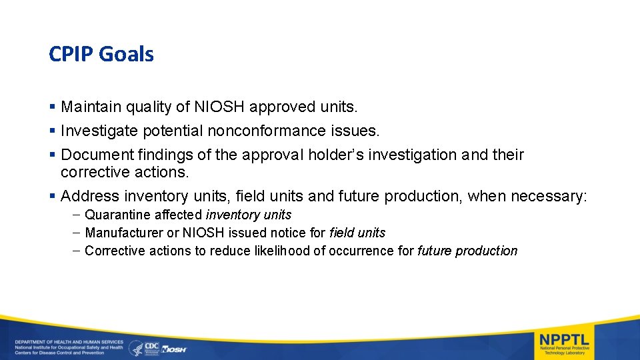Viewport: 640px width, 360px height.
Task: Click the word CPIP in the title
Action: pyautogui.click(x=71, y=54)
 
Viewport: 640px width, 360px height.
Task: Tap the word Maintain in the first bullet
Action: pyautogui.click(x=89, y=106)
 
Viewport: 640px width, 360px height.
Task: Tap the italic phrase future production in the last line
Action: pyautogui.click(x=467, y=251)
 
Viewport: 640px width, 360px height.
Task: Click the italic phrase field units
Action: pyautogui.click(x=357, y=233)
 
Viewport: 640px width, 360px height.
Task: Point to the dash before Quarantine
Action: pyautogui.click(x=77, y=215)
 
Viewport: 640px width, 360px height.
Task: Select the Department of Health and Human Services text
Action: pyautogui.click(x=69, y=341)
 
